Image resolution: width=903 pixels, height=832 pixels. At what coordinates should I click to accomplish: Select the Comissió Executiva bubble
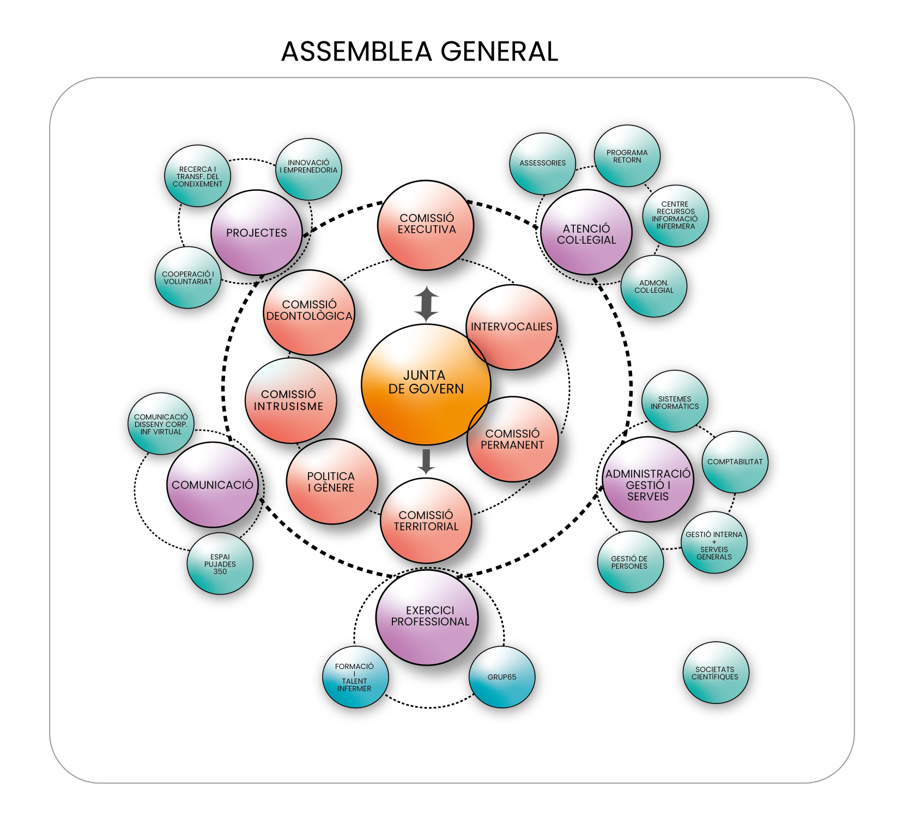pos(426,225)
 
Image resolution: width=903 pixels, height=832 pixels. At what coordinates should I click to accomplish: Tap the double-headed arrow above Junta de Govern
pos(426,304)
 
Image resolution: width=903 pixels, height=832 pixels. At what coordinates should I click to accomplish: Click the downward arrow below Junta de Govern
pos(426,461)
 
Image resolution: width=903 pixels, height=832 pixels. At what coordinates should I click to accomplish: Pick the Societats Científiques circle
pos(715,673)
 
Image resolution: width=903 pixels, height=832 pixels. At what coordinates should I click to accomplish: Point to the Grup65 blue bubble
pos(501,677)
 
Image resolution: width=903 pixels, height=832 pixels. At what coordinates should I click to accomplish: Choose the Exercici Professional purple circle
pos(427,617)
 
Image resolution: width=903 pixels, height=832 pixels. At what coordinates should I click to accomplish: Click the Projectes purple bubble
pos(256,233)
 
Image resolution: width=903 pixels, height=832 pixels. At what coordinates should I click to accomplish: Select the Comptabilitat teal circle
pos(735,462)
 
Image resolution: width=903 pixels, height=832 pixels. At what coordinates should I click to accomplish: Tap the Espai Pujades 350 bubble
pos(220,564)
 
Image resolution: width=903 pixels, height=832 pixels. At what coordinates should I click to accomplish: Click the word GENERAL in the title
pos(499,52)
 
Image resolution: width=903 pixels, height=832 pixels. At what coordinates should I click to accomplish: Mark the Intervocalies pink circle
pos(512,327)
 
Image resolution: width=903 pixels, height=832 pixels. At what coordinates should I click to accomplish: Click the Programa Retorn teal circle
pos(627,156)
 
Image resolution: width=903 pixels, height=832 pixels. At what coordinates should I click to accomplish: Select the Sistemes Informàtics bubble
pos(675,402)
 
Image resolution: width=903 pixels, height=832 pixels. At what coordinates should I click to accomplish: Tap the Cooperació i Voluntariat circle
pos(188,278)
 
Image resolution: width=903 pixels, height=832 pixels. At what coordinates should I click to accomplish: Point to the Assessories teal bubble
pos(542,163)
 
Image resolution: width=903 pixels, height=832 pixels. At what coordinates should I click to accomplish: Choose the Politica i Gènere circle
pos(331,481)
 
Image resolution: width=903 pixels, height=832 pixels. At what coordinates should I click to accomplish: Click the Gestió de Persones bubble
pos(630,562)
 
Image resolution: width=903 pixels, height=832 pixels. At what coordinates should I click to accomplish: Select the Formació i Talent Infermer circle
pos(355,677)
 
